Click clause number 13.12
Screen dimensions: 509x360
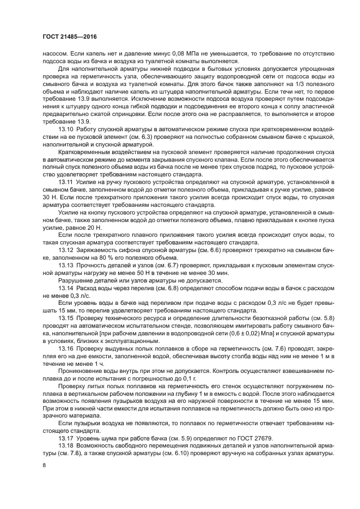[66, 249]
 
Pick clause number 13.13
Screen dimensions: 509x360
[66, 265]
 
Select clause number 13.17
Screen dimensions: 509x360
[66, 438]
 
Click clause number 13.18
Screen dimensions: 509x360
[66, 445]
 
